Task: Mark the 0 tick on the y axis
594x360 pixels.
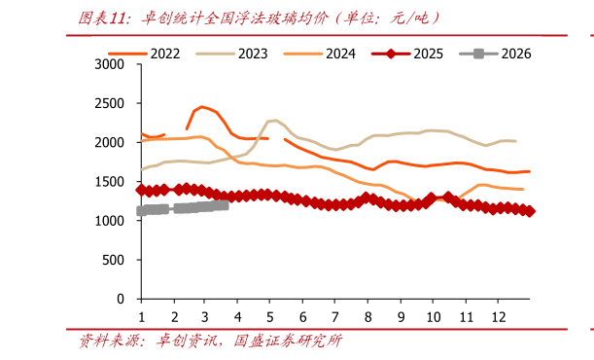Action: [121, 300]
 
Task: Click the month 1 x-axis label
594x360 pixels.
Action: [141, 317]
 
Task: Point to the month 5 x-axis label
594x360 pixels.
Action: [270, 317]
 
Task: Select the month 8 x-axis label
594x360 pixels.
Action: [367, 317]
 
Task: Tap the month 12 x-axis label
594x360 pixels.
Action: [498, 317]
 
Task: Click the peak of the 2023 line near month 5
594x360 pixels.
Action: [275, 121]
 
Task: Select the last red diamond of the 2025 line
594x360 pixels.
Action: [530, 211]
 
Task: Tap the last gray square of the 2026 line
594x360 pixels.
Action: [225, 204]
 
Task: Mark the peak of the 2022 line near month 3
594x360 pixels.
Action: [201, 106]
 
